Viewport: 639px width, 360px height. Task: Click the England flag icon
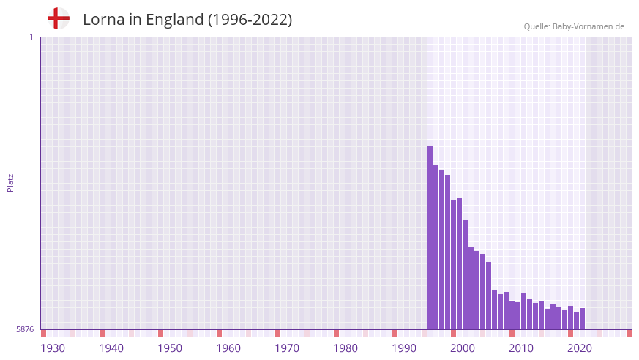tap(58, 18)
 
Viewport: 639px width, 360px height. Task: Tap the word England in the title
tap(174, 20)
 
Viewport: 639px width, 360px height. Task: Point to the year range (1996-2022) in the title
tap(250, 20)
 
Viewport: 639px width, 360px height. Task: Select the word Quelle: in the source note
tap(537, 26)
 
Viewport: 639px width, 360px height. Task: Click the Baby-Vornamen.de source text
tap(588, 26)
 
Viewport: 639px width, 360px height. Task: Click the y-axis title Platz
tap(10, 182)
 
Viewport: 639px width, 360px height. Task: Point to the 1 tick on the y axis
tap(31, 37)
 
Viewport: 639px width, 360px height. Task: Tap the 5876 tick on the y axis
tap(25, 329)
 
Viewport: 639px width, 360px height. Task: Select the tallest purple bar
tap(430, 238)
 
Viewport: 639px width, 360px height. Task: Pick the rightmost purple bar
tap(582, 319)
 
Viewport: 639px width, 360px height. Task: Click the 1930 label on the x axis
tap(53, 348)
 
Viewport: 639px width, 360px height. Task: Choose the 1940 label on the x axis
tap(111, 348)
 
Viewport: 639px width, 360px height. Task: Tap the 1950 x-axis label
tap(170, 348)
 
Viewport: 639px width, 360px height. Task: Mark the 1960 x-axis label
tap(228, 348)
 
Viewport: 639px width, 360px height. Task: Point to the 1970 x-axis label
tap(287, 348)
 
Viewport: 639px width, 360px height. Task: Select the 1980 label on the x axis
tap(345, 348)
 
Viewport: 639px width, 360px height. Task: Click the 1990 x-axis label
tap(404, 348)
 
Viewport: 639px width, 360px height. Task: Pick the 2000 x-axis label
tap(463, 348)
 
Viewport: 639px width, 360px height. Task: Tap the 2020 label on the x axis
tap(580, 348)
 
